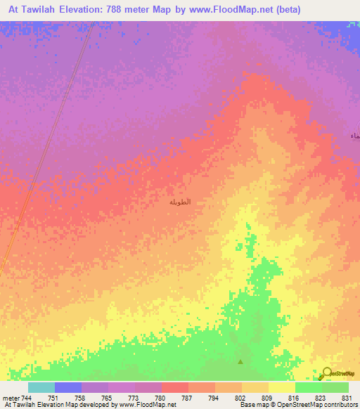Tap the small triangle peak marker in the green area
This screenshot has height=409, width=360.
tap(241, 362)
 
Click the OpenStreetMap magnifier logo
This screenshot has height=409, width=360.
tap(327, 373)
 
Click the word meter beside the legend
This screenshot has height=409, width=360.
tap(11, 398)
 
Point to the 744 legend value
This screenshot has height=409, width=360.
tap(27, 398)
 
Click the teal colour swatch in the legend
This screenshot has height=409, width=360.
tap(41, 387)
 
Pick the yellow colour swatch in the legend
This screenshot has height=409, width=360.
tap(281, 387)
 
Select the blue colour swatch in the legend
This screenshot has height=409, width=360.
tap(68, 387)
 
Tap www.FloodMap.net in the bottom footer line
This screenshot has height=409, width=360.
tap(147, 405)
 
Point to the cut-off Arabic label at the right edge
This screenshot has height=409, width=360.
tap(355, 135)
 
